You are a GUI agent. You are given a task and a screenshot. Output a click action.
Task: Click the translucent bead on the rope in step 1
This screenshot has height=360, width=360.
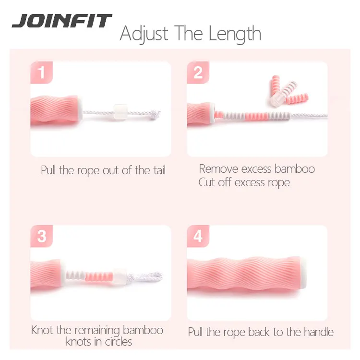coord(120,112)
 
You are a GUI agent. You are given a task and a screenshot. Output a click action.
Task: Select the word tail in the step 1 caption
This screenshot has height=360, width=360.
coord(156,171)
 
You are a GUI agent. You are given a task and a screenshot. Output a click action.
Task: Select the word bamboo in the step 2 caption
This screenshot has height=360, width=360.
coord(294,168)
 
